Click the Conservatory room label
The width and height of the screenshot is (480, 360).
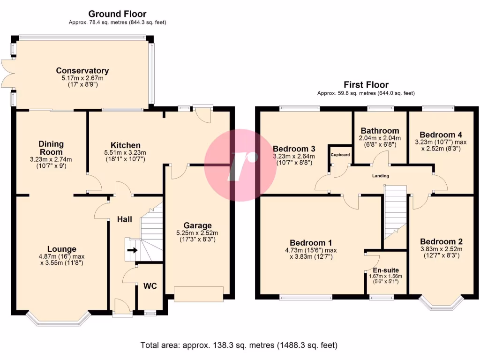pos(82,71)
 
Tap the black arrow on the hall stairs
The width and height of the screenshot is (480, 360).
pos(132,250)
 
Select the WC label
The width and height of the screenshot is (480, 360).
pos(150,286)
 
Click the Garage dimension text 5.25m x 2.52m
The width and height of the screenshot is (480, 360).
pos(197,233)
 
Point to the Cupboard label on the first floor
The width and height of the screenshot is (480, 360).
pos(340,155)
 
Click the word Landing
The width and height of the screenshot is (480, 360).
pos(381,176)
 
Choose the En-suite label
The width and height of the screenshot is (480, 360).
pos(386,270)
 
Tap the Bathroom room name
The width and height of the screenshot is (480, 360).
pos(380,131)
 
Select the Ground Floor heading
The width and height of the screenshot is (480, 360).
pos(117,14)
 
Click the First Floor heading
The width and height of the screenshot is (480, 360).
pos(366,84)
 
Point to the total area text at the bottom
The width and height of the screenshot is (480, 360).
pos(239,345)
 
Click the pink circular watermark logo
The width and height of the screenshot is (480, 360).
pos(240,165)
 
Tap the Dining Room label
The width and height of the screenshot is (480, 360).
pos(51,148)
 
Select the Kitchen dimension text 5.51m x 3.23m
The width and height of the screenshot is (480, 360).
pos(125,152)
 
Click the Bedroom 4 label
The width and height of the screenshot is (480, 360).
pos(441,135)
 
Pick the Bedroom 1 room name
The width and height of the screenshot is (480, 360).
pos(311,243)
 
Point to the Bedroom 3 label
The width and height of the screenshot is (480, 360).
pos(294,149)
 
